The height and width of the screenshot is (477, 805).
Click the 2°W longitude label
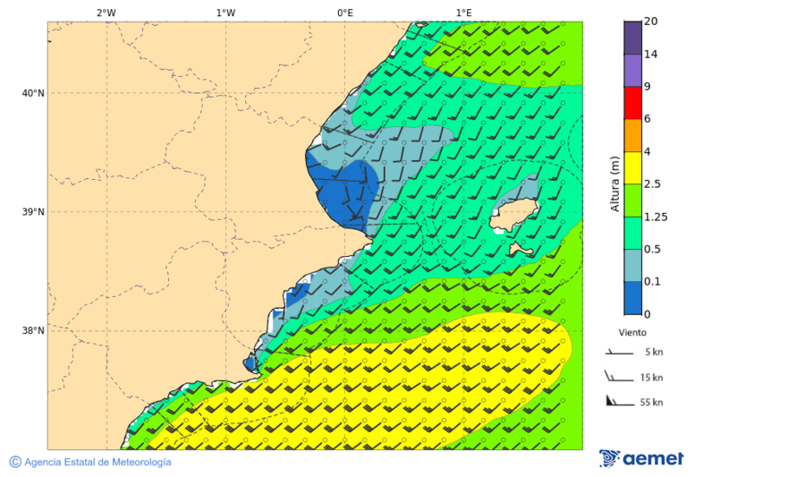tap(106, 13)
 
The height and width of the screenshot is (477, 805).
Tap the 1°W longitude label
tap(225, 13)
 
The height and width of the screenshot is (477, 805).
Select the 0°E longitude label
tap(344, 13)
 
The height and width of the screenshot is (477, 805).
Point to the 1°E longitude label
tap(463, 13)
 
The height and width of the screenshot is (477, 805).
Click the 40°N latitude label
tap(33, 93)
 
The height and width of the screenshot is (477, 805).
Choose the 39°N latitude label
tap(33, 212)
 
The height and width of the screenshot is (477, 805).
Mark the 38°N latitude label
tap(33, 331)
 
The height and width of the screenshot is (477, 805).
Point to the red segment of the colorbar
tap(632, 102)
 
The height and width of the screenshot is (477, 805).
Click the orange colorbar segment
tap(632, 135)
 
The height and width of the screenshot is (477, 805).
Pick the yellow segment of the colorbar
tap(632, 167)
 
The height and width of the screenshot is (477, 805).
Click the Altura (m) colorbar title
tap(614, 183)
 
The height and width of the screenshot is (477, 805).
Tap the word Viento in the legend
tap(632, 332)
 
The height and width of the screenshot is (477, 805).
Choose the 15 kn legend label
tap(651, 378)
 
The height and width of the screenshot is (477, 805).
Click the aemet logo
tap(641, 458)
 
